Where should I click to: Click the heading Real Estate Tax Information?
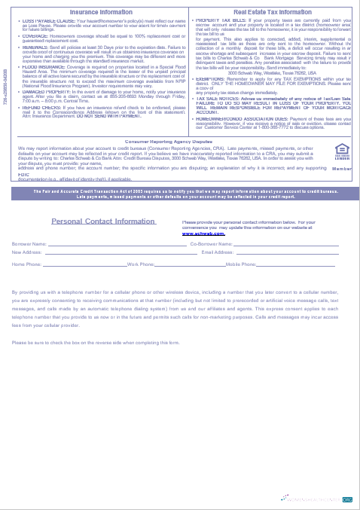(272, 13)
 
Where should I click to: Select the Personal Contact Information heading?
(103, 221)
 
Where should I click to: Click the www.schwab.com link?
(204, 234)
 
